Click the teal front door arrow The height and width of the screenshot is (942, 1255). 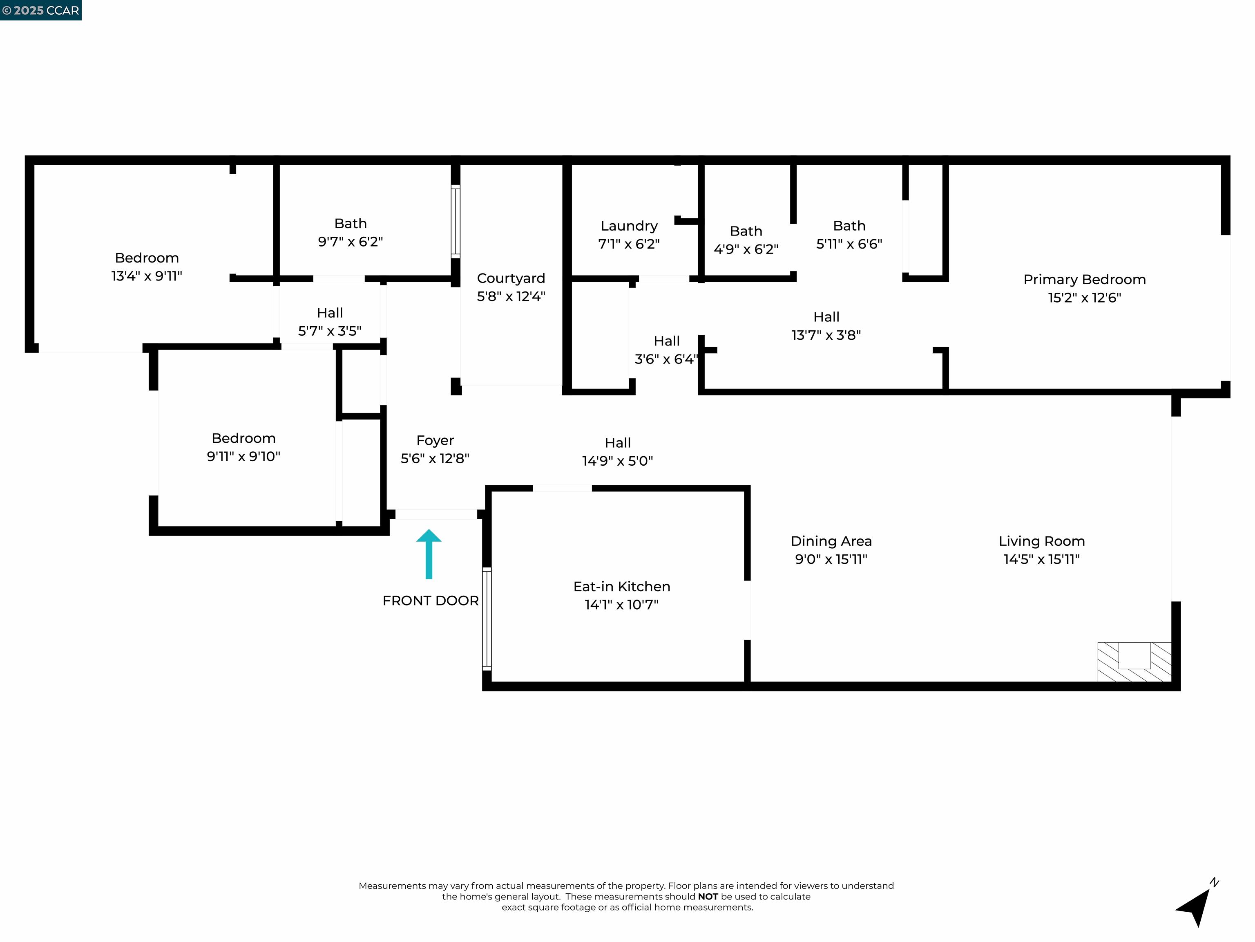429,554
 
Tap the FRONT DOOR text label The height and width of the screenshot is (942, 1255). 430,601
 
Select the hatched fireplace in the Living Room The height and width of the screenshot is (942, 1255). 1134,662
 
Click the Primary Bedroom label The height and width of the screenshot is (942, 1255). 1084,279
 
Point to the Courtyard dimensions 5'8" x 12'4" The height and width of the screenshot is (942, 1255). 511,296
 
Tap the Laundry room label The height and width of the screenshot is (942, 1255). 629,226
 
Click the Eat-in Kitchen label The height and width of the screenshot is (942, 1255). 621,587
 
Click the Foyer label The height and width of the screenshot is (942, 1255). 435,441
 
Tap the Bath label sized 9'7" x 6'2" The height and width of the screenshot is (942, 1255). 350,224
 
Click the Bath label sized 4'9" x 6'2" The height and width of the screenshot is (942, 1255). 746,231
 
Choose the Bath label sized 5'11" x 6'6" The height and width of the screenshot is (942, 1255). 849,226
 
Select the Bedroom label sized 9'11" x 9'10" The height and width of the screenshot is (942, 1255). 243,438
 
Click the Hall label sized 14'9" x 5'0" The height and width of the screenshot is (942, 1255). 617,443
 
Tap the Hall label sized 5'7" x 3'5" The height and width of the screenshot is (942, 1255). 330,313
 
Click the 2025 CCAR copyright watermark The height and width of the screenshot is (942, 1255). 40,10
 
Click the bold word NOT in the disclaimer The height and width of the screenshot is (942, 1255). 708,897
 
